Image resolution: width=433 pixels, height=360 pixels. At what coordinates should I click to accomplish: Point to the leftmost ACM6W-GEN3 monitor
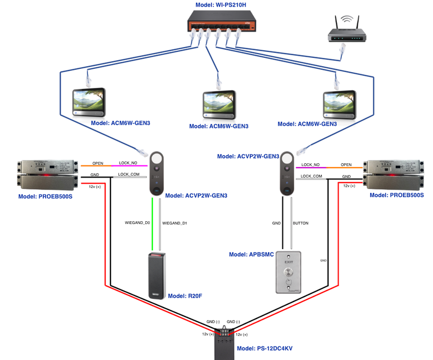pos(87,102)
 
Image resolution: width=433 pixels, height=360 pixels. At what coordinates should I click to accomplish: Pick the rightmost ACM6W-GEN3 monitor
pos(339,102)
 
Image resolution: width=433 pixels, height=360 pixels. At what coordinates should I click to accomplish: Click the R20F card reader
pos(156,276)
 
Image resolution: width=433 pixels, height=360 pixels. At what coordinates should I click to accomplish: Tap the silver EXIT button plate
pos(289,273)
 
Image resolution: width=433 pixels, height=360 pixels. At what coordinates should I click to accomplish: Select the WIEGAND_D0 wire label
pos(137,223)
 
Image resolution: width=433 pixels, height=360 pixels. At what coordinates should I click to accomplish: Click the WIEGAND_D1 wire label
pos(174,223)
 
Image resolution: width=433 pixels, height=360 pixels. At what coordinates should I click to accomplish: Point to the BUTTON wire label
pos(301,223)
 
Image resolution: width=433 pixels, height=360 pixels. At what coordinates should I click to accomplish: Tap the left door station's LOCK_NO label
pos(127,163)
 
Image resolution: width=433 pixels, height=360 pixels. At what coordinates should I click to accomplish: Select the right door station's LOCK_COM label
pos(311,176)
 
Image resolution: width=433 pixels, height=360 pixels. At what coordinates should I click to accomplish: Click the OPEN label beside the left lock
pos(98,163)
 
